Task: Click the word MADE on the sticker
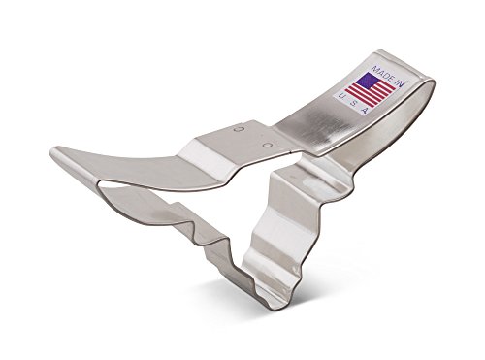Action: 381,73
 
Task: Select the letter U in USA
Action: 341,96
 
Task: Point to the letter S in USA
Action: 353,103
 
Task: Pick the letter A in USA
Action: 365,111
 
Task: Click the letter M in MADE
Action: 374,69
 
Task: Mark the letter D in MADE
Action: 384,75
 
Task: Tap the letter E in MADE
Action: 389,78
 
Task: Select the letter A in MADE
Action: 379,72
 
